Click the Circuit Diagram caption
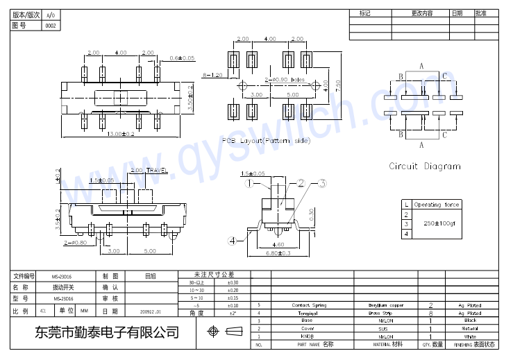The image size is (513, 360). (424, 166)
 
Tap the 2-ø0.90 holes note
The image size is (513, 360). (280, 80)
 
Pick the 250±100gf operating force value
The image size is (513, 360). (442, 223)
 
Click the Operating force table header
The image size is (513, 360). (437, 205)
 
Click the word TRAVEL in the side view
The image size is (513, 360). (157, 170)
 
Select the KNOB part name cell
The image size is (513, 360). (307, 336)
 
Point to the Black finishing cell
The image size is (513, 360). (470, 320)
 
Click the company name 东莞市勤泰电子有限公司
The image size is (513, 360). (106, 333)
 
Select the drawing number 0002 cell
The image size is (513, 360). (51, 26)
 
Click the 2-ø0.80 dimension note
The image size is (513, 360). (75, 243)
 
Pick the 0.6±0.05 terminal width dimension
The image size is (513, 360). (182, 58)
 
